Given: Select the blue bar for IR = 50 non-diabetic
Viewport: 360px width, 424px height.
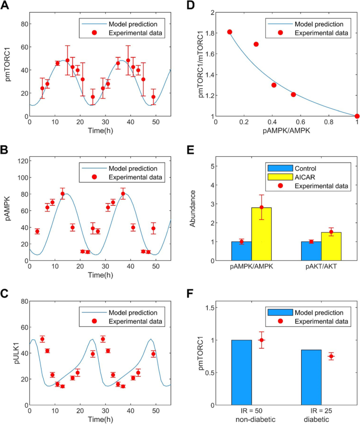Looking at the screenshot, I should (x=241, y=372).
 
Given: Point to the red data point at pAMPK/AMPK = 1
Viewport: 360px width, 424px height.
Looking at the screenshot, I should (x=357, y=116).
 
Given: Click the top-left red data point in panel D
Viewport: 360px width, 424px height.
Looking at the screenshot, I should (x=230, y=32).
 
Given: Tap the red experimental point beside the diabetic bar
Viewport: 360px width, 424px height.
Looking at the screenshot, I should (x=331, y=356).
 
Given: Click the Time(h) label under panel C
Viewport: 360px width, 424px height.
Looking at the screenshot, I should (x=100, y=419).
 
